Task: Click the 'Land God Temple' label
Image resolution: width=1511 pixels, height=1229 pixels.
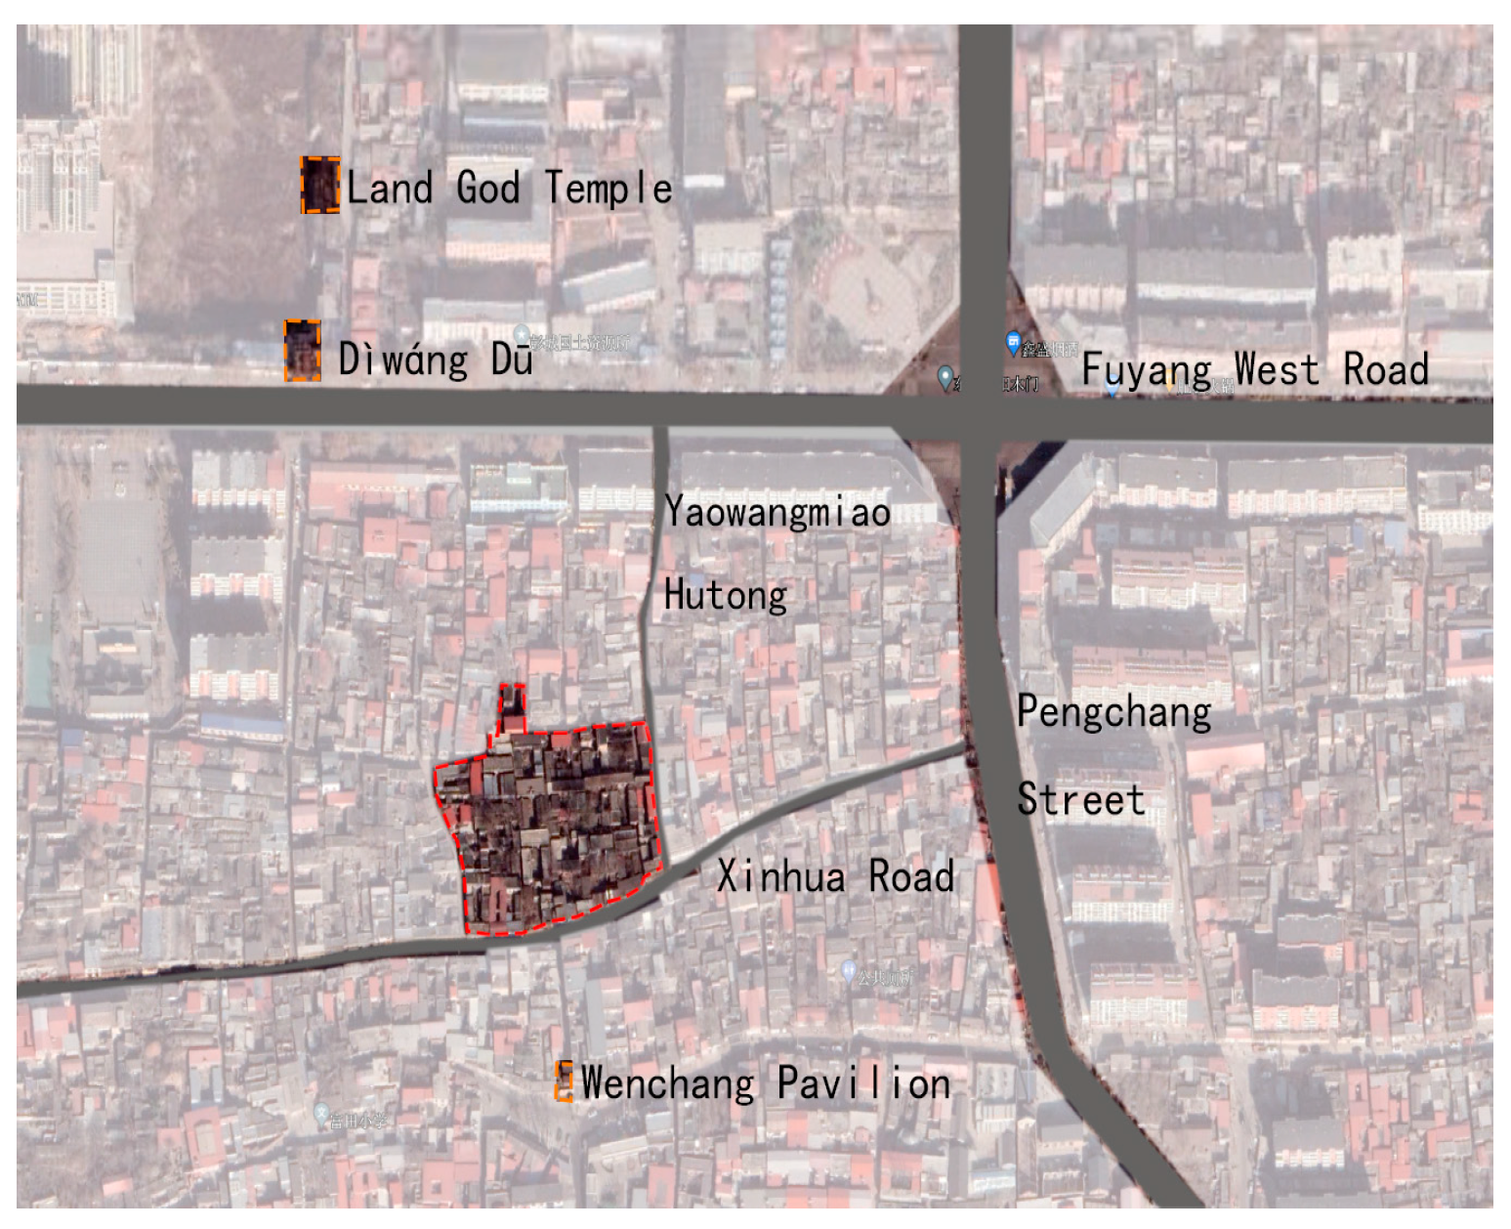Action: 509,188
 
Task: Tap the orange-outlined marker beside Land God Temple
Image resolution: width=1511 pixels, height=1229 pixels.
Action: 319,185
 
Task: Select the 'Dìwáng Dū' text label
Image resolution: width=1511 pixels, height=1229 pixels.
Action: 436,359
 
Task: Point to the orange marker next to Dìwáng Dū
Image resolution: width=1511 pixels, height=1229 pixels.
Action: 303,350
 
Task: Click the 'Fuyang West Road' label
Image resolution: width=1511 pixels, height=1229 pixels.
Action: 1255,370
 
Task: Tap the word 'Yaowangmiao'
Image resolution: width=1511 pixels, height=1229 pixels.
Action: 777,512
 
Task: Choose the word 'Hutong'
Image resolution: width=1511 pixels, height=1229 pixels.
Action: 726,595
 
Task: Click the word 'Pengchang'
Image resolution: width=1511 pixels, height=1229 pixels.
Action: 1113,711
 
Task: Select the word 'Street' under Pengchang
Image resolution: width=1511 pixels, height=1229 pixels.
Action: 1080,799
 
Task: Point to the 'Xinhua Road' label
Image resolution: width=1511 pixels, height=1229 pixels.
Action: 835,876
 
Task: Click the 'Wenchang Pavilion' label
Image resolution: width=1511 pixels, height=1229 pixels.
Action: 766,1083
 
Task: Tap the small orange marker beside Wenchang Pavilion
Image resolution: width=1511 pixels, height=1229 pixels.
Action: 564,1081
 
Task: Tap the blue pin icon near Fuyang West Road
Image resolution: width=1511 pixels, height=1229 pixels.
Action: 1013,342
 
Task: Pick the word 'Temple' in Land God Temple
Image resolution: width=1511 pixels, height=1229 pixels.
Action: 609,188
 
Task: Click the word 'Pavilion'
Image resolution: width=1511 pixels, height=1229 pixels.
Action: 863,1083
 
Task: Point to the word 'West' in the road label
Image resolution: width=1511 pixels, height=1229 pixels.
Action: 1276,370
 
